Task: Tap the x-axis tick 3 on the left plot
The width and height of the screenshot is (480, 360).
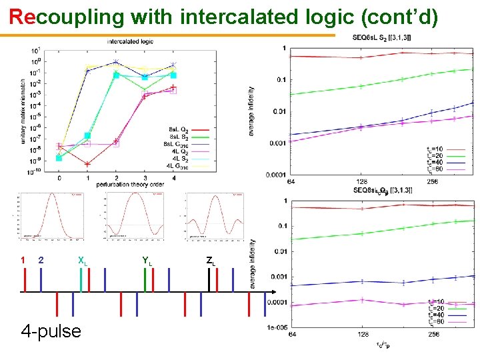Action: pos(145,178)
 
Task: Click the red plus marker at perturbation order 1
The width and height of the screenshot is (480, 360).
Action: pos(87,163)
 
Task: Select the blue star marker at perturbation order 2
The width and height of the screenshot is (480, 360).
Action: pos(116,62)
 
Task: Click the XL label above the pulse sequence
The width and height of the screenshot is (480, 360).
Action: pos(82,260)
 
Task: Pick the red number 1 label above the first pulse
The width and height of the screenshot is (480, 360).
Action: pos(23,260)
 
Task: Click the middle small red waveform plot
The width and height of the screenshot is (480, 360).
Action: pos(134,215)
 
